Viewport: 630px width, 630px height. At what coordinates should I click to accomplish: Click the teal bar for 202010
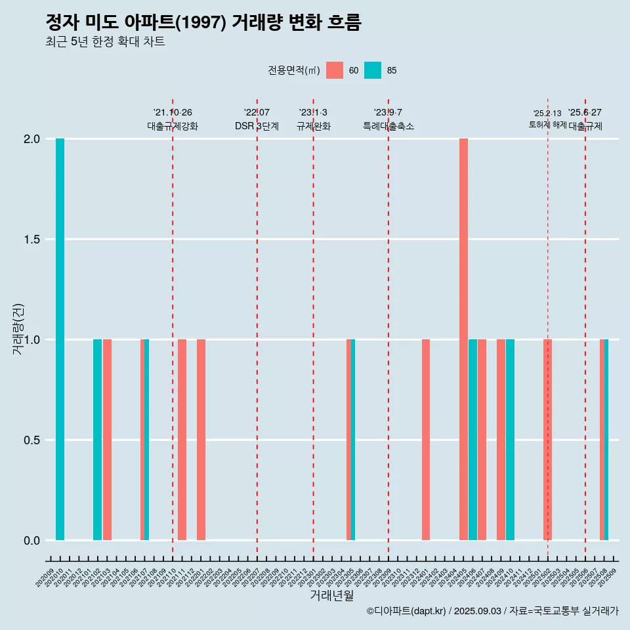tap(60, 339)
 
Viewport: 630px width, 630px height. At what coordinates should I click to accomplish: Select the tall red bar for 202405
tap(463, 339)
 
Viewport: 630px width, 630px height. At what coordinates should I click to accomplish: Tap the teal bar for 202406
tap(472, 440)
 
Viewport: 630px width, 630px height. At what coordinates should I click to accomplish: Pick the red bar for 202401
tap(426, 440)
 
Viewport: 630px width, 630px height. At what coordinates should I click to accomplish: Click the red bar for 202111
tap(182, 440)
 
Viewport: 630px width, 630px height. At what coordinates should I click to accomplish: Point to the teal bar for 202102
tap(97, 440)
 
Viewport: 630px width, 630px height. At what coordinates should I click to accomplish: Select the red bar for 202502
tap(547, 440)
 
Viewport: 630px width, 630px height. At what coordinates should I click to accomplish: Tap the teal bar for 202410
tap(510, 440)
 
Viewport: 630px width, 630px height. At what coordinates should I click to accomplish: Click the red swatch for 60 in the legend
tap(335, 70)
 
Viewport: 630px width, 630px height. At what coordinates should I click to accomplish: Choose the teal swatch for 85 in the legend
tap(373, 70)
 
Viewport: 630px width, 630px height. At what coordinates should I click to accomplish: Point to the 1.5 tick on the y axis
tap(32, 240)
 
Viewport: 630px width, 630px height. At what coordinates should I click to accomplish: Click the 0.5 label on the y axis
tap(32, 440)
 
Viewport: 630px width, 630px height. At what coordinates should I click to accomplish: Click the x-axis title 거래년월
tap(331, 596)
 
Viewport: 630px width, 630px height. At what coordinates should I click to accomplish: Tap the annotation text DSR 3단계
tap(257, 126)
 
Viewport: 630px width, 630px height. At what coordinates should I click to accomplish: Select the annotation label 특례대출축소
tap(388, 126)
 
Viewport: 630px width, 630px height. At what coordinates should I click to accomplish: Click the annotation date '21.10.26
tap(173, 113)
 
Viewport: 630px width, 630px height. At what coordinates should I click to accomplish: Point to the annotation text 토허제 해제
tap(547, 125)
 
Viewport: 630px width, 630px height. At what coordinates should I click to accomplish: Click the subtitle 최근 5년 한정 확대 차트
tap(105, 42)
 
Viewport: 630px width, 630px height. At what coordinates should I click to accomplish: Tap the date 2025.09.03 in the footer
tap(478, 611)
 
